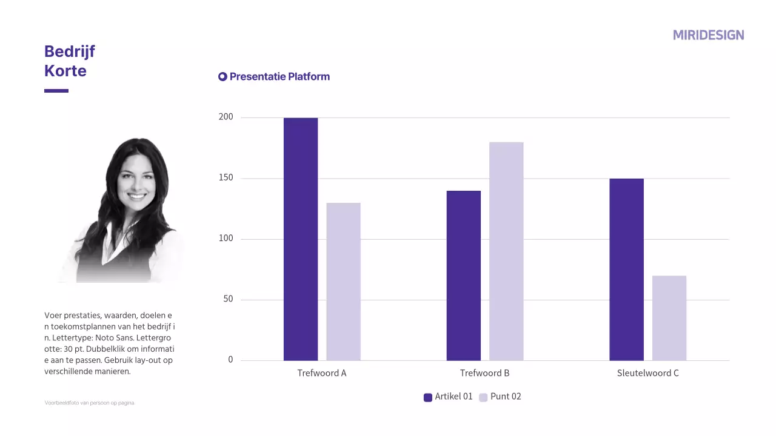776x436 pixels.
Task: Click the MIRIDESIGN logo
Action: tap(708, 35)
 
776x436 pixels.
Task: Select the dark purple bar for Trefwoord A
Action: tap(301, 239)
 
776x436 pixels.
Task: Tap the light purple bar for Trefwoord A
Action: tap(343, 282)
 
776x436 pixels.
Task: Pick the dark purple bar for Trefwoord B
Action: tap(464, 276)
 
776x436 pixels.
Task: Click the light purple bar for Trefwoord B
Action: tap(506, 251)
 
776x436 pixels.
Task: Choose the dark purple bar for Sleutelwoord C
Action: tap(626, 269)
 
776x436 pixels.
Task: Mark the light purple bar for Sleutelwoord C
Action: tap(669, 318)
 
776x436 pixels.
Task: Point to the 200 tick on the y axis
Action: tap(226, 117)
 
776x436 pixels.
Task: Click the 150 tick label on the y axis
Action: tap(226, 178)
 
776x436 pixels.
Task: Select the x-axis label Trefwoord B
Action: tap(484, 373)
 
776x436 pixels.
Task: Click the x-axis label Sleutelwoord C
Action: tap(647, 373)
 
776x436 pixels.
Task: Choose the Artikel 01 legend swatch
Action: tap(428, 397)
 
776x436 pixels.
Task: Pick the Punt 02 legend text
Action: tap(506, 397)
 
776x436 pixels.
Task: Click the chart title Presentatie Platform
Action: tap(279, 77)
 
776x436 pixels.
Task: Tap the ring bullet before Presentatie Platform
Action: tap(222, 77)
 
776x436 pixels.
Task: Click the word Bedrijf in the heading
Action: tap(70, 51)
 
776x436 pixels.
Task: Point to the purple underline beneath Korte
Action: tap(56, 91)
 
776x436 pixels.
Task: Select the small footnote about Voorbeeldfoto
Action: tap(90, 403)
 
